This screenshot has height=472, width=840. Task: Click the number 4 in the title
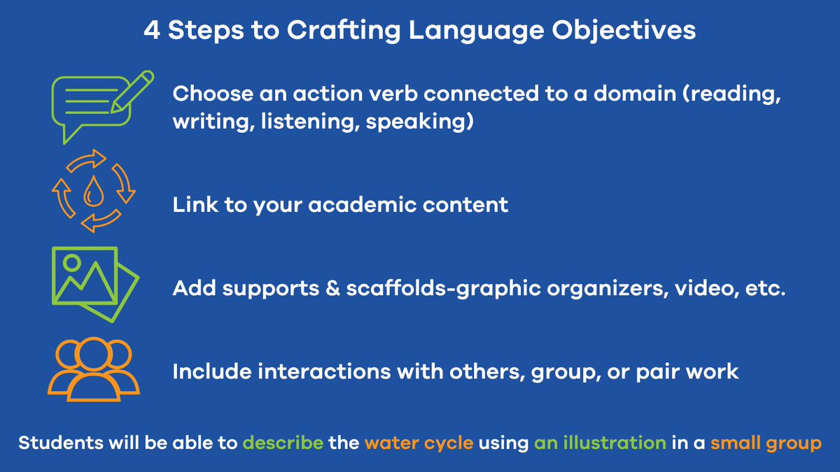point(152,31)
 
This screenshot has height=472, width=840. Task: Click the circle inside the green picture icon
point(71,264)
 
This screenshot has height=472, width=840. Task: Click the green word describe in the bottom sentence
point(283,443)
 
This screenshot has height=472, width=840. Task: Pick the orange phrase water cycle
point(419,443)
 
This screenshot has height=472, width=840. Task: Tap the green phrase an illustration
point(600,443)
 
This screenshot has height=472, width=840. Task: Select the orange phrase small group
point(765,443)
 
